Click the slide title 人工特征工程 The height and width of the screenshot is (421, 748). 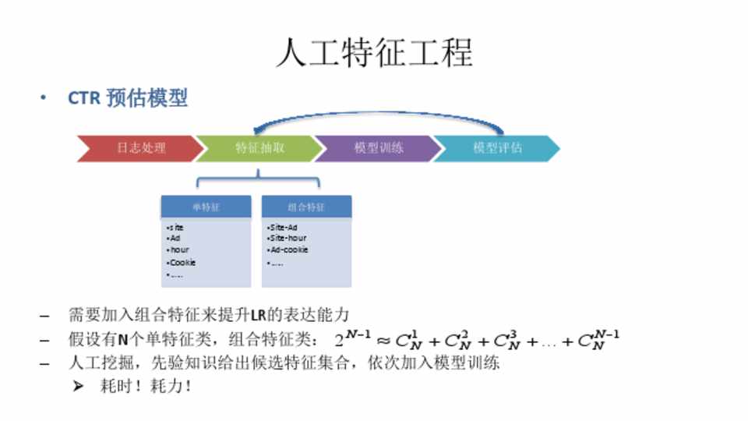374,54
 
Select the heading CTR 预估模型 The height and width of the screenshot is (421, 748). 128,98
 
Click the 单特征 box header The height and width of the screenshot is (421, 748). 206,207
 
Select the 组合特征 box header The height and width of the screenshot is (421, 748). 306,207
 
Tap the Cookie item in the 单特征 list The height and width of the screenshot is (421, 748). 182,263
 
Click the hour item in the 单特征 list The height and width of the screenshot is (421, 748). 179,250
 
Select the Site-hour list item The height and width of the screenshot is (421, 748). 287,238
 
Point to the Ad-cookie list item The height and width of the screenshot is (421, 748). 288,250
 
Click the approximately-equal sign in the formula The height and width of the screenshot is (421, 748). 383,341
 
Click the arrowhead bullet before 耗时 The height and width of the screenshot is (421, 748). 78,386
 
